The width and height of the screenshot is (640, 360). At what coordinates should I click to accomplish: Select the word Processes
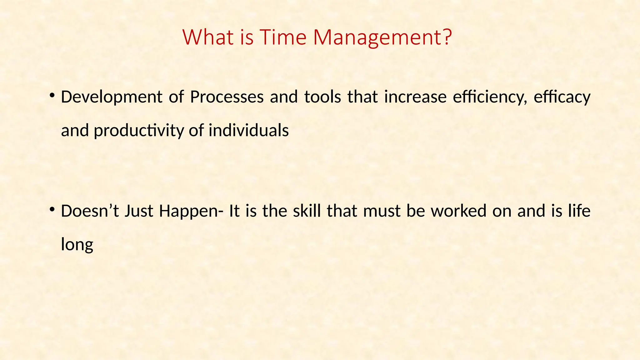(x=227, y=97)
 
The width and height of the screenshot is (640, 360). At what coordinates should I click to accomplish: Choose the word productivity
(x=139, y=131)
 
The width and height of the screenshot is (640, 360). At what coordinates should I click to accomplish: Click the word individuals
(x=249, y=130)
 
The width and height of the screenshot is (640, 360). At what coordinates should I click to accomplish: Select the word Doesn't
(x=90, y=211)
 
